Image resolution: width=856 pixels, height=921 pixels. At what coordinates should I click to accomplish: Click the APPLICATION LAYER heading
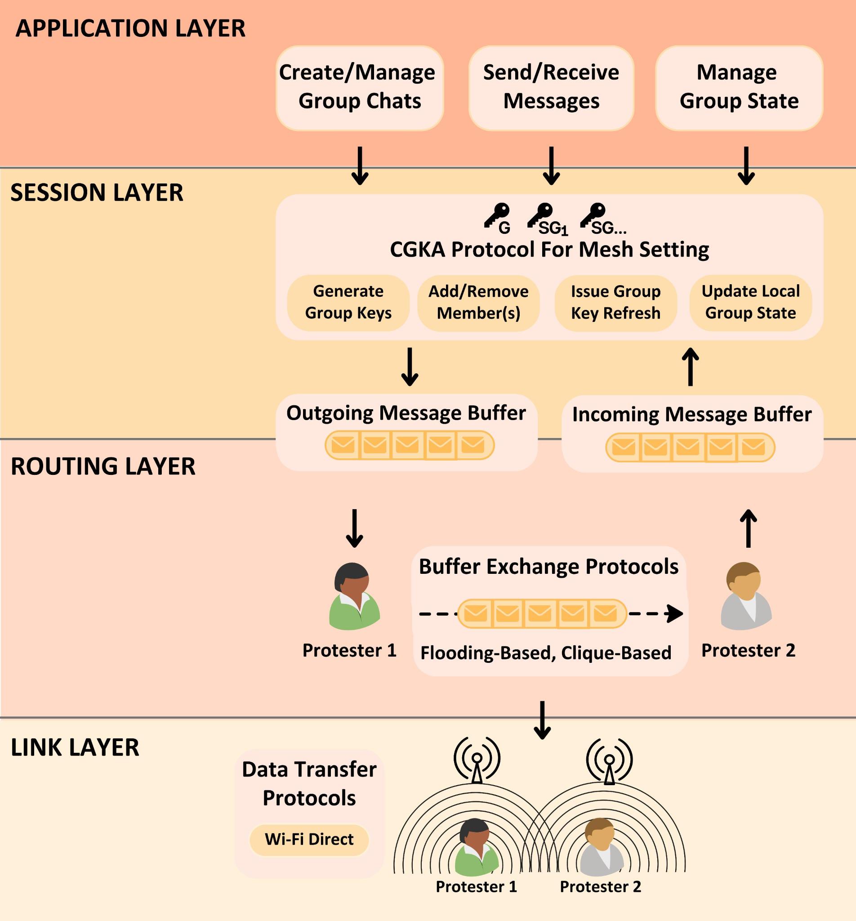(x=130, y=28)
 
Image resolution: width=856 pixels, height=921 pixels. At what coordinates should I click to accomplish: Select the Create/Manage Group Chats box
(x=360, y=88)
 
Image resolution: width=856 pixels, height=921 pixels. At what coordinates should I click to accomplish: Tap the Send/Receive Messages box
(x=551, y=88)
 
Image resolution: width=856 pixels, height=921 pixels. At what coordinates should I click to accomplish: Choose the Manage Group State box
(x=739, y=88)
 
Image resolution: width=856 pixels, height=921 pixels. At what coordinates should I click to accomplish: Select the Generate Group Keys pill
(x=348, y=303)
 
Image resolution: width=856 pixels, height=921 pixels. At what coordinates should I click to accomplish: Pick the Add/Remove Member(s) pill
(x=478, y=303)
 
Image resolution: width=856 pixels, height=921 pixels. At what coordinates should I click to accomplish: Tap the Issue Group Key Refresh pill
(x=615, y=303)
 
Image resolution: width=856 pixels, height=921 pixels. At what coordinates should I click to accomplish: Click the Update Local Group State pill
(x=750, y=303)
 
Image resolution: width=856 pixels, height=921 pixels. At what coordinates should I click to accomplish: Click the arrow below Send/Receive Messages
(x=551, y=166)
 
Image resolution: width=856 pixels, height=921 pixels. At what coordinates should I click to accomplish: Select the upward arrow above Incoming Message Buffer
(x=690, y=367)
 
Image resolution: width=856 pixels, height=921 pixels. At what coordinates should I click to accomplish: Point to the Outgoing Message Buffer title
(x=406, y=413)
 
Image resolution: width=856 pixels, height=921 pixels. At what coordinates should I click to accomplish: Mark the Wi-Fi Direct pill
(x=309, y=840)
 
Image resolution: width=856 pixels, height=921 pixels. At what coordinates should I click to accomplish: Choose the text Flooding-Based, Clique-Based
(x=546, y=653)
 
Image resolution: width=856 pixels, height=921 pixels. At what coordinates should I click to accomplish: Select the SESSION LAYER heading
(x=97, y=193)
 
